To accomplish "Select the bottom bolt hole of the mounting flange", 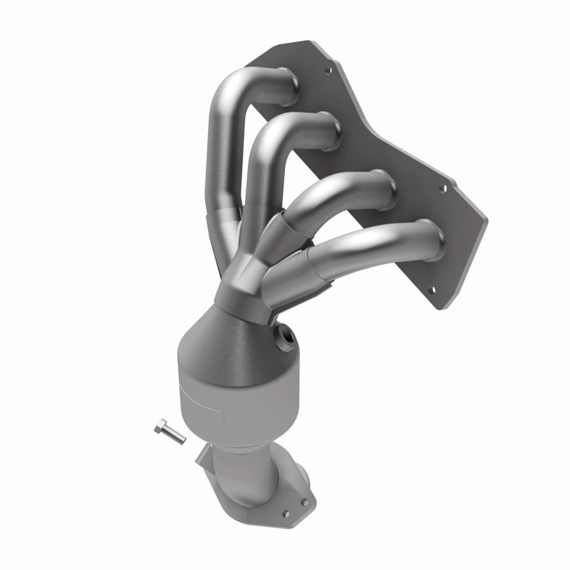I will point(431,291).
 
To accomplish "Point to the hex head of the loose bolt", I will point(161,427).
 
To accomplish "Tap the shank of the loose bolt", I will point(175,435).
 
